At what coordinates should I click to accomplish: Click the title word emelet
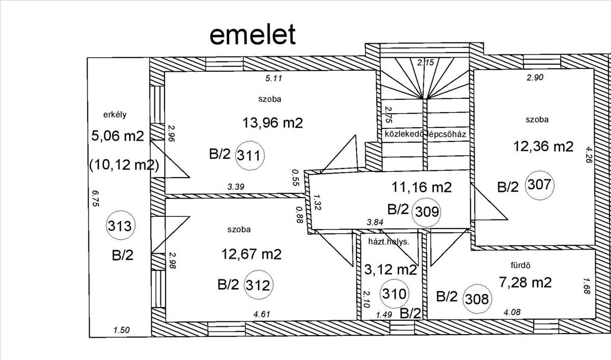(253, 35)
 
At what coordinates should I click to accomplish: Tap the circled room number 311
(249, 156)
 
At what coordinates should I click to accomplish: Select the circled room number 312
(258, 285)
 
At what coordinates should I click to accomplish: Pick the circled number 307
(540, 185)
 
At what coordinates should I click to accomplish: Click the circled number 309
(427, 212)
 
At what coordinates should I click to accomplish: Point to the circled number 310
(394, 294)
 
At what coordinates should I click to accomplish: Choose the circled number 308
(478, 299)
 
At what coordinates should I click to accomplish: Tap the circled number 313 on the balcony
(120, 226)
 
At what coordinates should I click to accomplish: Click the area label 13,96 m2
(273, 123)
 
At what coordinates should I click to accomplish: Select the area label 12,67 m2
(251, 254)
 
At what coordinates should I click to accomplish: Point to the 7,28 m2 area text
(525, 282)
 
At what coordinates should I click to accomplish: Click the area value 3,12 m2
(391, 270)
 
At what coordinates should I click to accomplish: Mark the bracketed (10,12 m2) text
(124, 165)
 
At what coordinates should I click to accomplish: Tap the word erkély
(115, 115)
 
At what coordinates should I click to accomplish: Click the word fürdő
(520, 265)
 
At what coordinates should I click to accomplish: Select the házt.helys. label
(388, 242)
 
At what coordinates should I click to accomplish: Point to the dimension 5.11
(273, 78)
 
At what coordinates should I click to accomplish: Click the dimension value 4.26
(589, 155)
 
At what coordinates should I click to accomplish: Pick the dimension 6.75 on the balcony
(96, 198)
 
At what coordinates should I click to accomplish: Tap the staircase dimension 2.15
(426, 63)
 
